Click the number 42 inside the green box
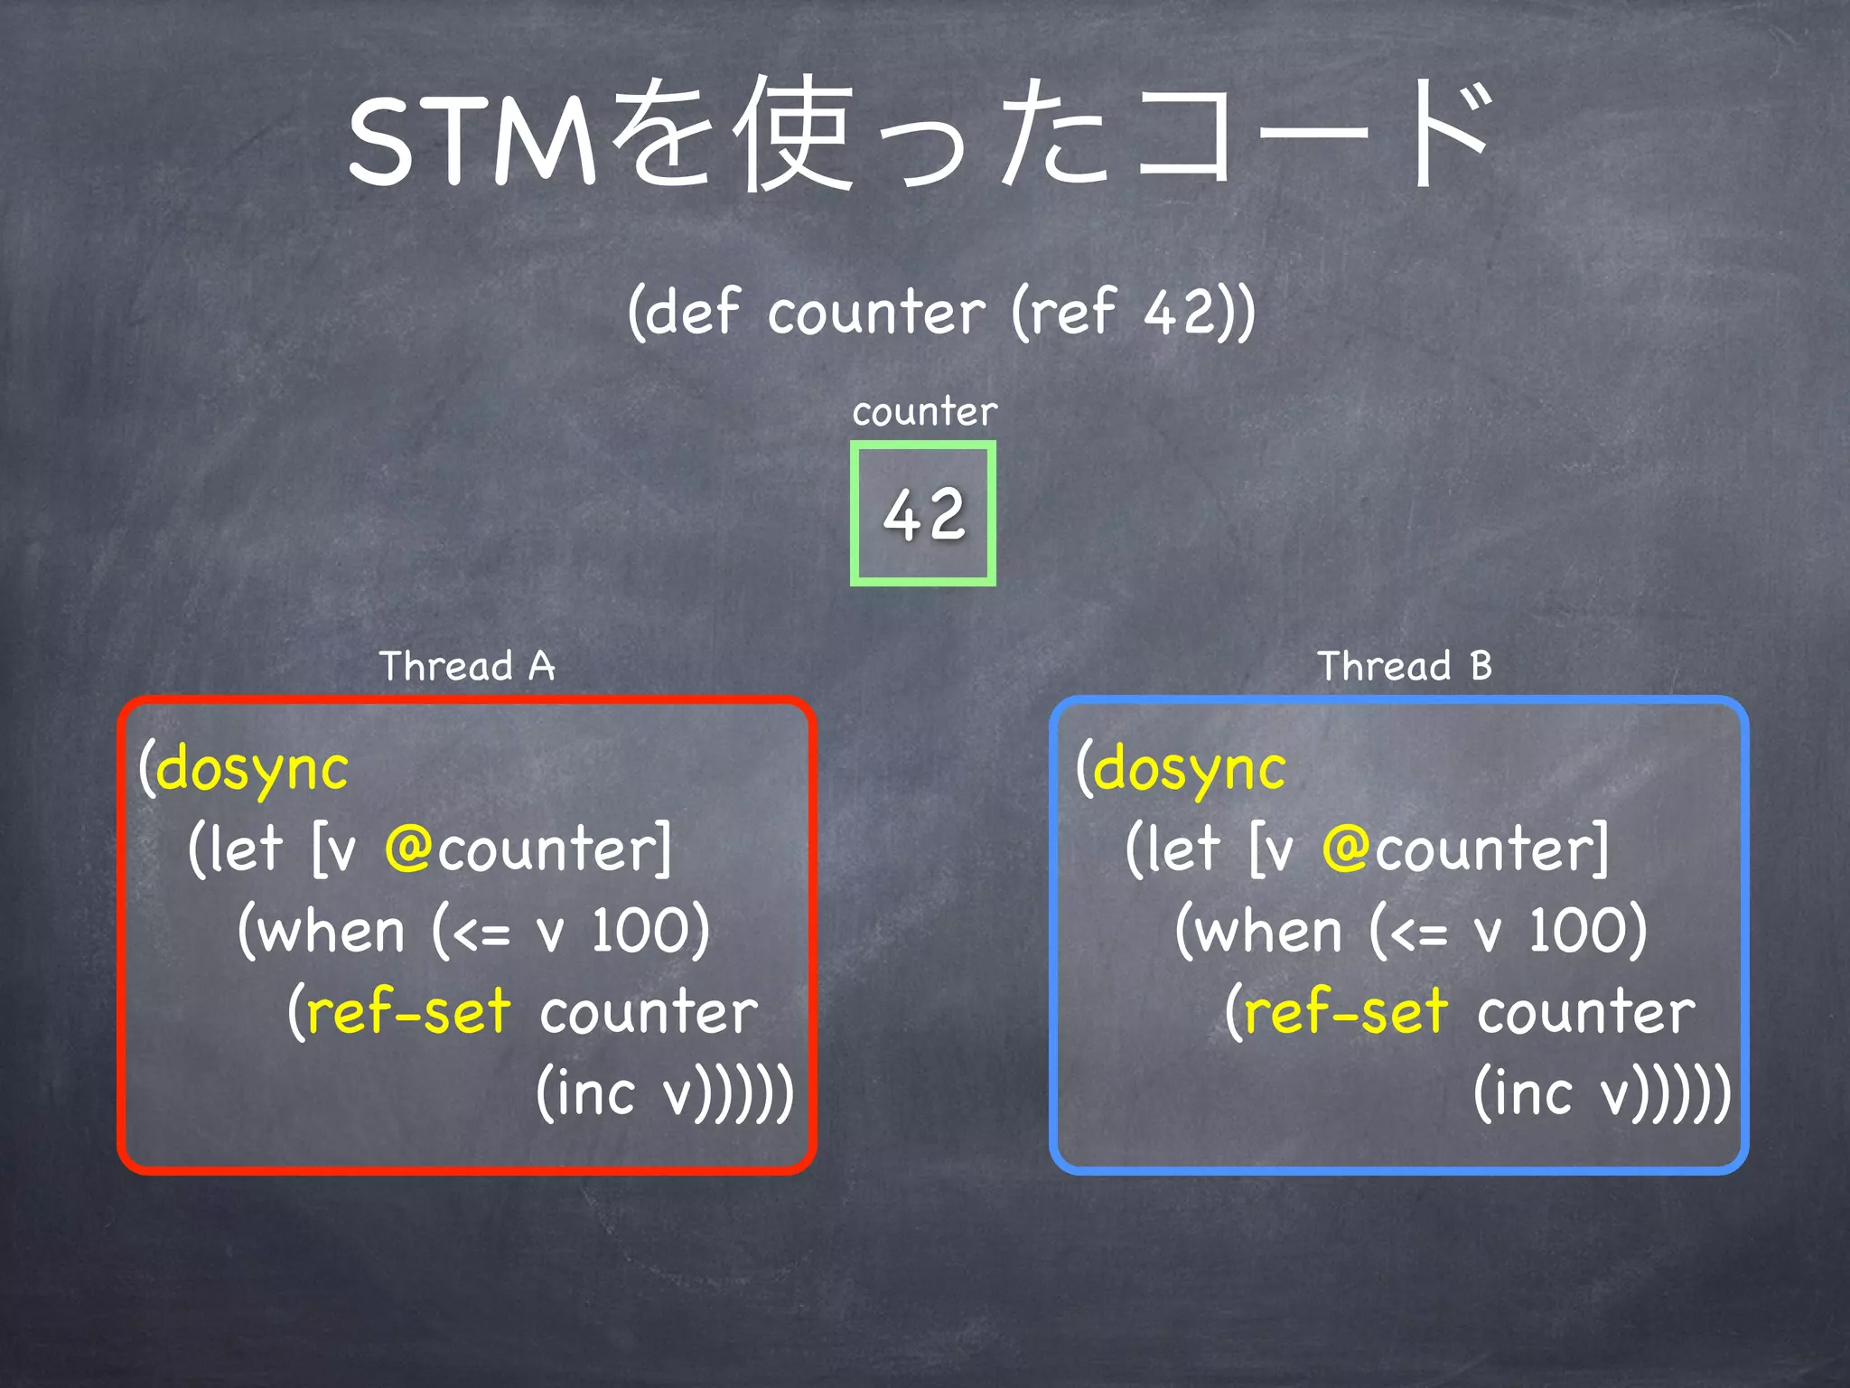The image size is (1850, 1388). click(923, 514)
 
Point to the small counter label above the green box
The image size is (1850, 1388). click(924, 412)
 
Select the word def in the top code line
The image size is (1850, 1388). click(693, 312)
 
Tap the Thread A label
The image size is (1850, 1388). click(466, 667)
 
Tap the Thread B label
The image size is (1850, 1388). click(1404, 667)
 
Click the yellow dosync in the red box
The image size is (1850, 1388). click(253, 770)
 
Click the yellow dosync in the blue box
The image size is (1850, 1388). click(1190, 770)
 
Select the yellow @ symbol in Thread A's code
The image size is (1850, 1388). click(408, 849)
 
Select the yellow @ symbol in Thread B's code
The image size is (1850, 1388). click(1346, 849)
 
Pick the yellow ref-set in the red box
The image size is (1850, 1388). click(408, 1012)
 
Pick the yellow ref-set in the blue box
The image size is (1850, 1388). click(1346, 1012)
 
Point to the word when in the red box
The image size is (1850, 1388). click(331, 931)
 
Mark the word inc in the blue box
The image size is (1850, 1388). click(1534, 1093)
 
